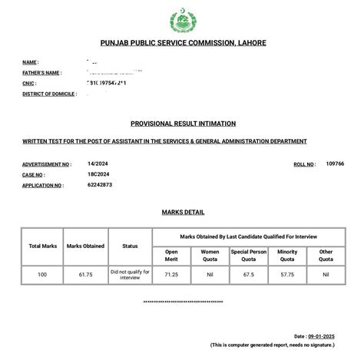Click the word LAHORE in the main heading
pyautogui.click(x=251, y=43)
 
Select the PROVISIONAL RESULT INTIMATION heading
pyautogui.click(x=183, y=123)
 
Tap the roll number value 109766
pyautogui.click(x=335, y=163)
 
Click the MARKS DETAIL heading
pyautogui.click(x=183, y=212)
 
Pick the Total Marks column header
pyautogui.click(x=44, y=246)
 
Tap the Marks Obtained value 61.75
pyautogui.click(x=86, y=272)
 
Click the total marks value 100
pyautogui.click(x=44, y=272)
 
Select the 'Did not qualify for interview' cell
pyautogui.click(x=130, y=273)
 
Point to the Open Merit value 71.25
pyautogui.click(x=170, y=272)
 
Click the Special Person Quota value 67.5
pyautogui.click(x=248, y=272)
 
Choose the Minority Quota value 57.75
pyautogui.click(x=287, y=272)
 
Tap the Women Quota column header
pyautogui.click(x=209, y=254)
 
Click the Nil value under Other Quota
pyautogui.click(x=326, y=272)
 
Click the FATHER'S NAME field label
pyautogui.click(x=42, y=71)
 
